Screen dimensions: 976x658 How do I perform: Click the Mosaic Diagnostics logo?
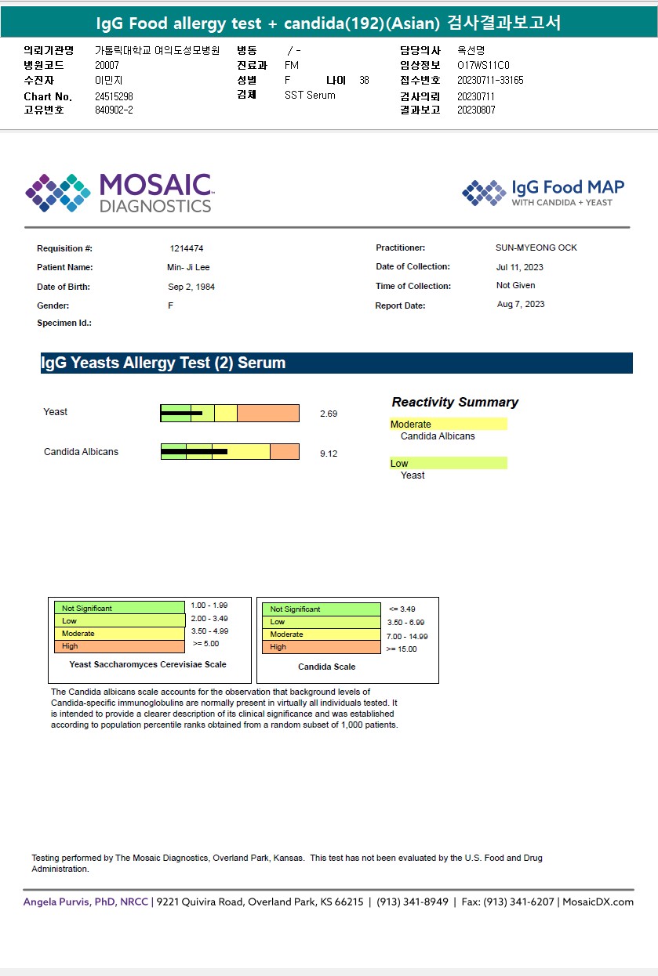[118, 193]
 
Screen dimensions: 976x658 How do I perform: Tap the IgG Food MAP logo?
[543, 193]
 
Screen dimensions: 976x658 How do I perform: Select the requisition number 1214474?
[187, 248]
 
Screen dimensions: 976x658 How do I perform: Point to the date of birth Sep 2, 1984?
[191, 287]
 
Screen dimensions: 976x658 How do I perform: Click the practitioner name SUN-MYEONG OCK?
[536, 248]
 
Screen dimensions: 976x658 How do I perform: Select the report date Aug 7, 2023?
[520, 304]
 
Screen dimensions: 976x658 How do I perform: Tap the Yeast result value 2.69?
[329, 414]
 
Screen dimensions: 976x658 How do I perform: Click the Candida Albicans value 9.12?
[329, 454]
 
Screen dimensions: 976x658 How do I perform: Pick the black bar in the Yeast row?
[182, 413]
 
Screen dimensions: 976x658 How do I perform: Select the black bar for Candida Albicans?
[194, 451]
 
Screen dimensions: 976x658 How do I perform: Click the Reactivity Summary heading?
[455, 402]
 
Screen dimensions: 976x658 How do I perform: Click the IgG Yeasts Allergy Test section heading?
[163, 363]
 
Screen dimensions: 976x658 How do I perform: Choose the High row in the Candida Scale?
[320, 647]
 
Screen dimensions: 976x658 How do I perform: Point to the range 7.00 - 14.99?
[407, 637]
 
